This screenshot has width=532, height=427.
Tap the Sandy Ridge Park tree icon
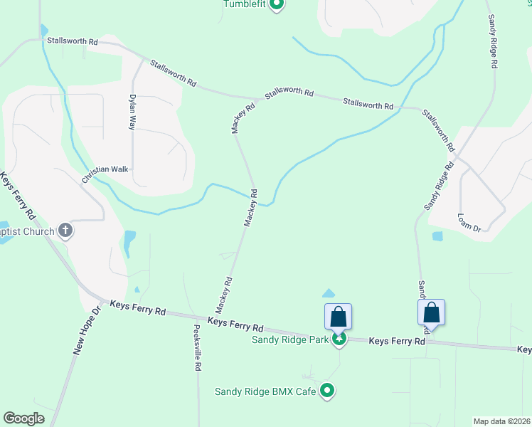(x=340, y=339)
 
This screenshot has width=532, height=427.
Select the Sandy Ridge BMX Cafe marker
(x=327, y=390)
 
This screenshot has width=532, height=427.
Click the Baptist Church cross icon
(x=65, y=231)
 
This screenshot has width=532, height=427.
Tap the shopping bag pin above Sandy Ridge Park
(x=338, y=317)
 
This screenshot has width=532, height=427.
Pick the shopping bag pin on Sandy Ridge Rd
(x=431, y=312)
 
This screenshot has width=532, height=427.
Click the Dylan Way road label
(x=132, y=112)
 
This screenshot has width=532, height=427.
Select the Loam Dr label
(x=469, y=222)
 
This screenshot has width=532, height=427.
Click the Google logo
(x=23, y=418)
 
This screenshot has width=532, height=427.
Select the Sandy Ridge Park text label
(x=290, y=339)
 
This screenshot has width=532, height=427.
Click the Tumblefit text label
(x=245, y=4)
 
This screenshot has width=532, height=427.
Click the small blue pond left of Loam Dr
(x=437, y=236)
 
